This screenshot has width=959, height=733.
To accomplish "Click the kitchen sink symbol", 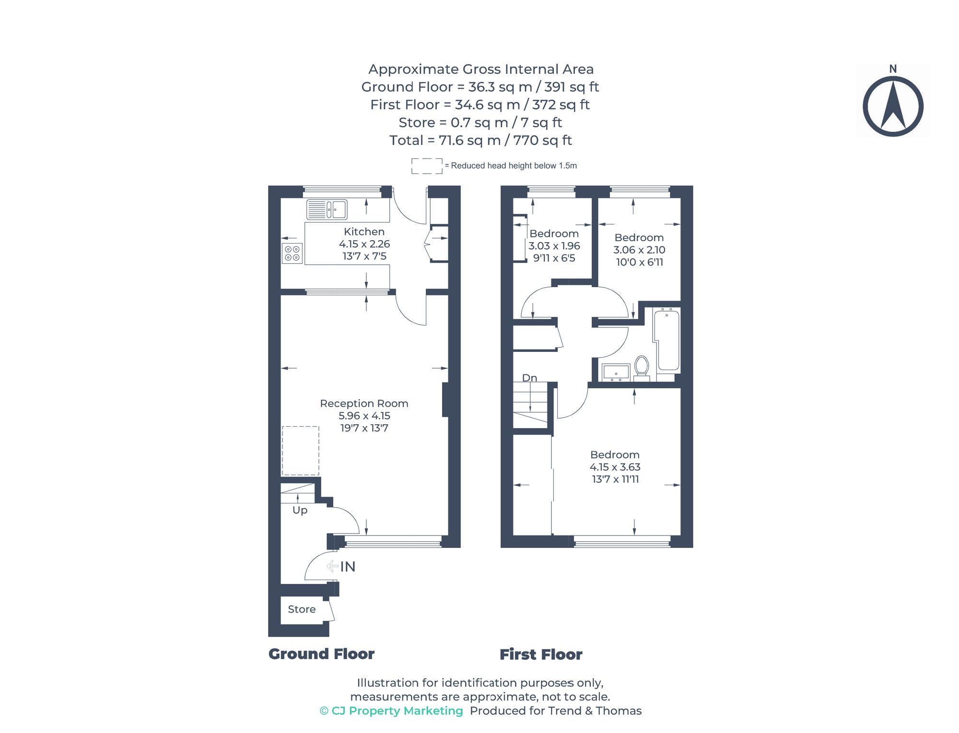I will (x=327, y=209).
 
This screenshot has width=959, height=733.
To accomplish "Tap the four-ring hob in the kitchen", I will (x=292, y=254).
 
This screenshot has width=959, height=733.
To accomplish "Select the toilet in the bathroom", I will (x=642, y=367).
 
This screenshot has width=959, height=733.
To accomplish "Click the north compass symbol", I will (x=893, y=106).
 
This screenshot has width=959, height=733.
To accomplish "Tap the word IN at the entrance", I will (x=348, y=567).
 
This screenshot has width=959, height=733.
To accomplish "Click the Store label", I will (x=302, y=609).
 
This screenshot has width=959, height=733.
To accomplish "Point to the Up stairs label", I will (x=300, y=510).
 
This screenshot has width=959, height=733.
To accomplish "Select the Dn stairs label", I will (x=529, y=378).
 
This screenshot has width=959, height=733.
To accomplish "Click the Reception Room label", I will (x=364, y=404).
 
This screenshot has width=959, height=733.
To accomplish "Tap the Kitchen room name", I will (x=364, y=232).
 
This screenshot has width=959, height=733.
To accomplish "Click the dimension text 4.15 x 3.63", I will (x=615, y=467).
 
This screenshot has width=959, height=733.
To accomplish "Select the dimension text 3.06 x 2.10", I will (x=639, y=250).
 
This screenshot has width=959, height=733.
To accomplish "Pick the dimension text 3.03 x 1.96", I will (x=554, y=246).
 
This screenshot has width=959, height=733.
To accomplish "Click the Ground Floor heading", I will (x=321, y=654).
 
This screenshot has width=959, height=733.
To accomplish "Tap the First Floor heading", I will (x=541, y=654).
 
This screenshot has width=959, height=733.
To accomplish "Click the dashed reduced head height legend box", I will (x=427, y=166).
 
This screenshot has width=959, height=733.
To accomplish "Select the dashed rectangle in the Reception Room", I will (x=301, y=451).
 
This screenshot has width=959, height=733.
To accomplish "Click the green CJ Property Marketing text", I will (x=391, y=711).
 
